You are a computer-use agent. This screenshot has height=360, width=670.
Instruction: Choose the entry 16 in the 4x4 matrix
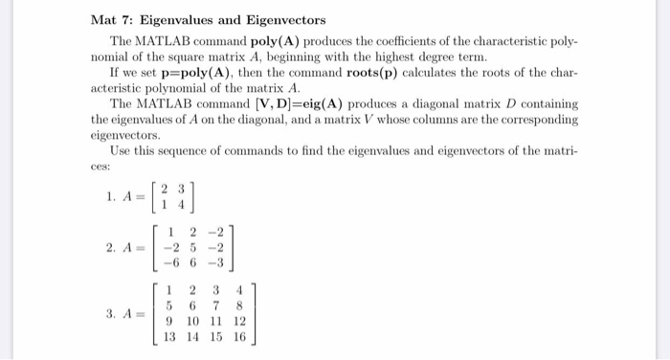click(239, 337)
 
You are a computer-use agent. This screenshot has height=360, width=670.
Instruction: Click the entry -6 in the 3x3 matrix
click(168, 261)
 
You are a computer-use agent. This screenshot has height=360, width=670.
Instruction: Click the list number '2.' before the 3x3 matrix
click(111, 246)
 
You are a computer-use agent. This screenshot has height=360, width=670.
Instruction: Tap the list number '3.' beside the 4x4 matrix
click(111, 313)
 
